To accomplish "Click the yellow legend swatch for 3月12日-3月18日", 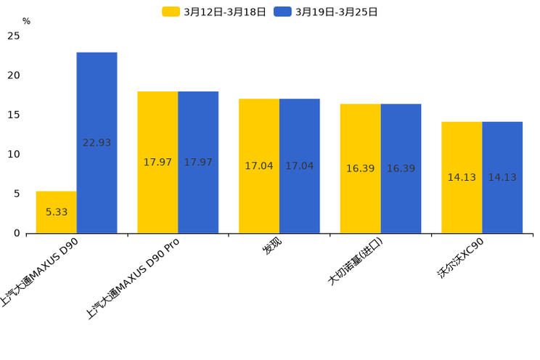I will click(x=171, y=12).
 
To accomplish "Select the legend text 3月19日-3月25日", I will click(x=336, y=12).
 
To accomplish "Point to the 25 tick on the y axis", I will click(x=14, y=36).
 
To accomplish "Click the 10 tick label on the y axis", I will click(x=14, y=154).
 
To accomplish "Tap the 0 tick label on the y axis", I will click(x=17, y=233).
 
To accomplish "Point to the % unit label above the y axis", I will click(x=26, y=22).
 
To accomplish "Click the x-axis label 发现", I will click(x=273, y=247).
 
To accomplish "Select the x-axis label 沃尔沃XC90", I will click(x=461, y=258).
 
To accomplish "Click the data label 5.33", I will click(x=57, y=212).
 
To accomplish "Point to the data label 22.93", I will click(x=97, y=143).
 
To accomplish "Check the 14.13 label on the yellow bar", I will click(x=462, y=177).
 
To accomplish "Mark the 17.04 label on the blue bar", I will click(x=299, y=166).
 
